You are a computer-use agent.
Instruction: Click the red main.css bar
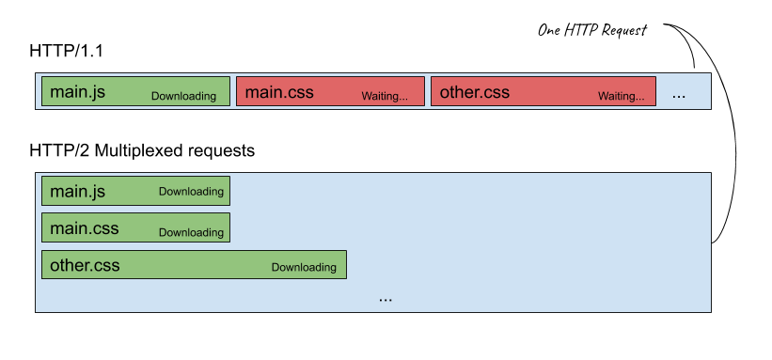[330, 91]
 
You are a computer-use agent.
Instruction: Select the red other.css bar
[544, 91]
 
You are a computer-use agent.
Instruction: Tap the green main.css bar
[135, 227]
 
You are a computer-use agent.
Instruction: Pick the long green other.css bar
[194, 264]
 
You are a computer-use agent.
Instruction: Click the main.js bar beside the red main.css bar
[135, 91]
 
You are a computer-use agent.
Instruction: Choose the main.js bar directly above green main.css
[135, 191]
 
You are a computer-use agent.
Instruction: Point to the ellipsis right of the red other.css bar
[679, 94]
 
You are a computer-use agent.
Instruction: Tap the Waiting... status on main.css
[385, 96]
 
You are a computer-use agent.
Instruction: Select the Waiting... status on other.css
[622, 96]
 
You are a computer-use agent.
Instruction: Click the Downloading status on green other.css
[304, 267]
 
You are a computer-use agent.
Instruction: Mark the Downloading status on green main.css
[191, 232]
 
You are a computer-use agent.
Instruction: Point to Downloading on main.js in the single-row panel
[183, 96]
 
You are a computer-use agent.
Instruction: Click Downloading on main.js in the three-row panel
[191, 192]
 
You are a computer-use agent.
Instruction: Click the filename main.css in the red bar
[279, 92]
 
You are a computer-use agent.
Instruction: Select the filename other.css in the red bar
[474, 92]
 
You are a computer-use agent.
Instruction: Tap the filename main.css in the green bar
[84, 228]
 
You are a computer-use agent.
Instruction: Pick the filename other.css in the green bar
[85, 265]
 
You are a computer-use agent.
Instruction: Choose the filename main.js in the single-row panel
[77, 92]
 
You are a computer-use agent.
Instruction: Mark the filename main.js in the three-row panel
[77, 192]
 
